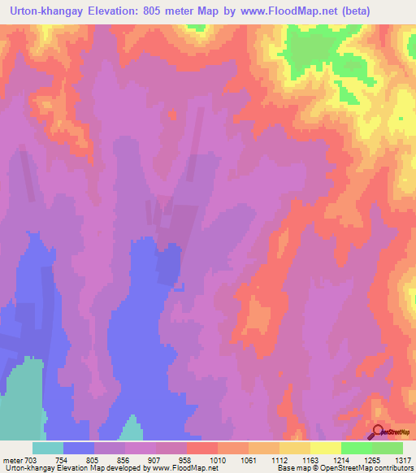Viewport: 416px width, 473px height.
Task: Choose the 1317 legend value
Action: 402,459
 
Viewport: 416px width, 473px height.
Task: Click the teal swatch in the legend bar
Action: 48,448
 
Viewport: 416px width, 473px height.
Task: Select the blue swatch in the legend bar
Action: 79,448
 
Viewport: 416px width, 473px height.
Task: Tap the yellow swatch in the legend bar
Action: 325,448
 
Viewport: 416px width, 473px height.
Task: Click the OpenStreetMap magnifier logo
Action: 379,433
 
